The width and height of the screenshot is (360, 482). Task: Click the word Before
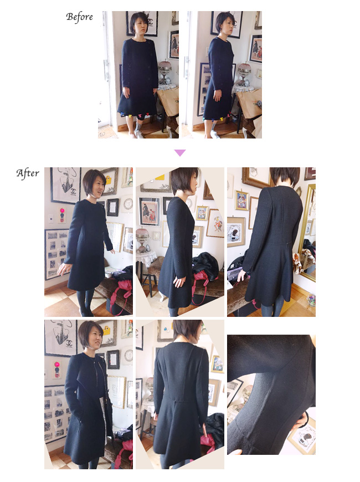[79, 17]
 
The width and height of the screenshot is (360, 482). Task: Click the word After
[28, 173]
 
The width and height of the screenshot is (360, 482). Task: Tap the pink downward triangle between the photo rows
[180, 153]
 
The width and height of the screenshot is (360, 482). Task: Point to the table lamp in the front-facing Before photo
[165, 72]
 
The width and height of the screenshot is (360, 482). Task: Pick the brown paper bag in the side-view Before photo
[250, 102]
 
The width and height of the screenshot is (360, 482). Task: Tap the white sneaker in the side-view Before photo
[215, 135]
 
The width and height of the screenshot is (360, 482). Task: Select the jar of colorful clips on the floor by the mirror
[311, 300]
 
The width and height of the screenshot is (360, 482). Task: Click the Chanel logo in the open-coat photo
[69, 342]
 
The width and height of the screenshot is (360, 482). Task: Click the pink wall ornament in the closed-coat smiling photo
[62, 211]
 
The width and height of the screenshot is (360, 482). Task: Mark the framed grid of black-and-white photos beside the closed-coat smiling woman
[56, 254]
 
